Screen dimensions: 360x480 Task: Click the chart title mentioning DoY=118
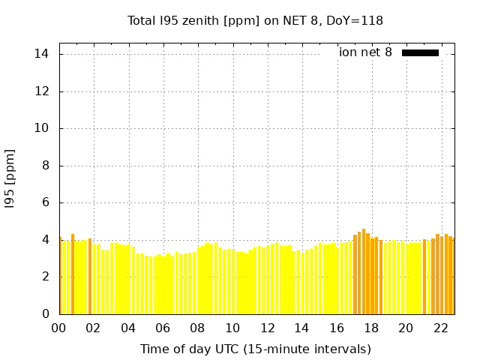[256, 21]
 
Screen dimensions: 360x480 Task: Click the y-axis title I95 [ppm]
[10, 178]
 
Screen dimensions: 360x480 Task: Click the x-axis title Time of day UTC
[255, 349]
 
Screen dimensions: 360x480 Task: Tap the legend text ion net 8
[365, 52]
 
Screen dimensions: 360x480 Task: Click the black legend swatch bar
[420, 52]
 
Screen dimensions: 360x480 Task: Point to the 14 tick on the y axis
[42, 54]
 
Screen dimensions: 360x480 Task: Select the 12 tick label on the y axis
[42, 91]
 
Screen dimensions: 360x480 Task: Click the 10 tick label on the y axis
[42, 128]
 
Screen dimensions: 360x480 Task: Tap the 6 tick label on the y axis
[46, 202]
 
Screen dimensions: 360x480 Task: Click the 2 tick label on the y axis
[46, 277]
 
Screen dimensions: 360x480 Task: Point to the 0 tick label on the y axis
[46, 314]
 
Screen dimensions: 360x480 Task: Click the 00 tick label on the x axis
[59, 328]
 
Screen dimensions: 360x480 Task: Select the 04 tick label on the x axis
[128, 328]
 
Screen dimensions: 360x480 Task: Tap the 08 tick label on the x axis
[198, 328]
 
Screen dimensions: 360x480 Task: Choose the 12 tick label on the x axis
[267, 328]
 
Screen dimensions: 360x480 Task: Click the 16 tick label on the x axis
[336, 328]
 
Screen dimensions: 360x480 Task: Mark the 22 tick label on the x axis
[440, 328]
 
